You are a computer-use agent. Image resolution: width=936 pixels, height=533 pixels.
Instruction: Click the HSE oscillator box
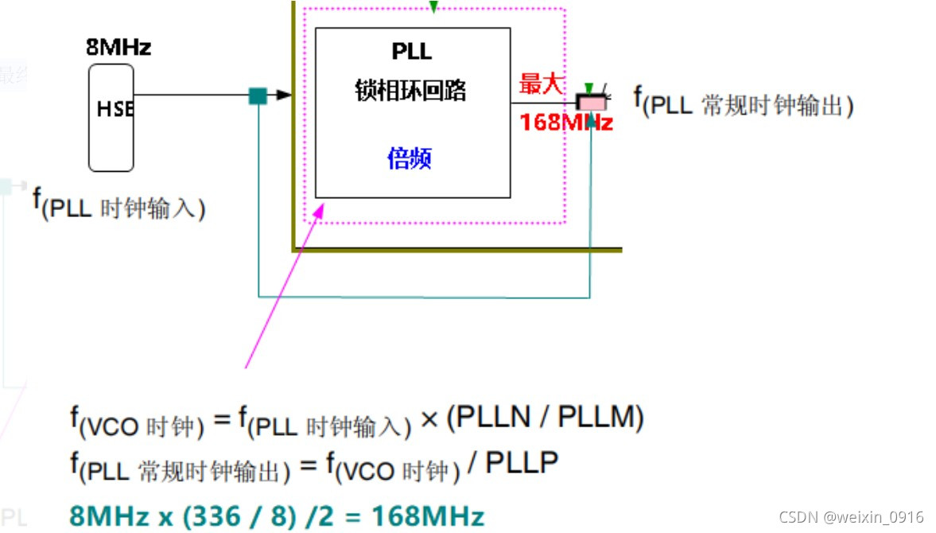[111, 117]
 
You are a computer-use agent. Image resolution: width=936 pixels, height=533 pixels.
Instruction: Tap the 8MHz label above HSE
[118, 48]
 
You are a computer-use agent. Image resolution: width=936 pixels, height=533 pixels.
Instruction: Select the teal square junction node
[258, 95]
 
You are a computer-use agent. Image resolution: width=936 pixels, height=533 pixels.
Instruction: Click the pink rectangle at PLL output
[591, 103]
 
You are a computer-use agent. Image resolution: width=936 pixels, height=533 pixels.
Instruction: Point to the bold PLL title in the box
[412, 52]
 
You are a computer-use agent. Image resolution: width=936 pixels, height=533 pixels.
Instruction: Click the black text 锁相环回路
[410, 91]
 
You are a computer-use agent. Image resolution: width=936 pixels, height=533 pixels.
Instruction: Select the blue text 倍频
[410, 159]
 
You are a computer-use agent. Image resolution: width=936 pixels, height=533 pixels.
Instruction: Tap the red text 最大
[542, 84]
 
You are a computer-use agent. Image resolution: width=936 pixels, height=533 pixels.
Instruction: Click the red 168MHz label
[566, 123]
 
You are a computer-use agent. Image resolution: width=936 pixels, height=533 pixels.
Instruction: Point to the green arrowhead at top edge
[433, 7]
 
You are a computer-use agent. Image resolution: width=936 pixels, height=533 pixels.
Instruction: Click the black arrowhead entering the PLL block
[284, 95]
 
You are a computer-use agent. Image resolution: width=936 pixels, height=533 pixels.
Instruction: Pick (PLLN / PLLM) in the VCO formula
[545, 418]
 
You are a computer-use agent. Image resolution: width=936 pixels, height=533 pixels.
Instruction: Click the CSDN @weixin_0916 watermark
[851, 518]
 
